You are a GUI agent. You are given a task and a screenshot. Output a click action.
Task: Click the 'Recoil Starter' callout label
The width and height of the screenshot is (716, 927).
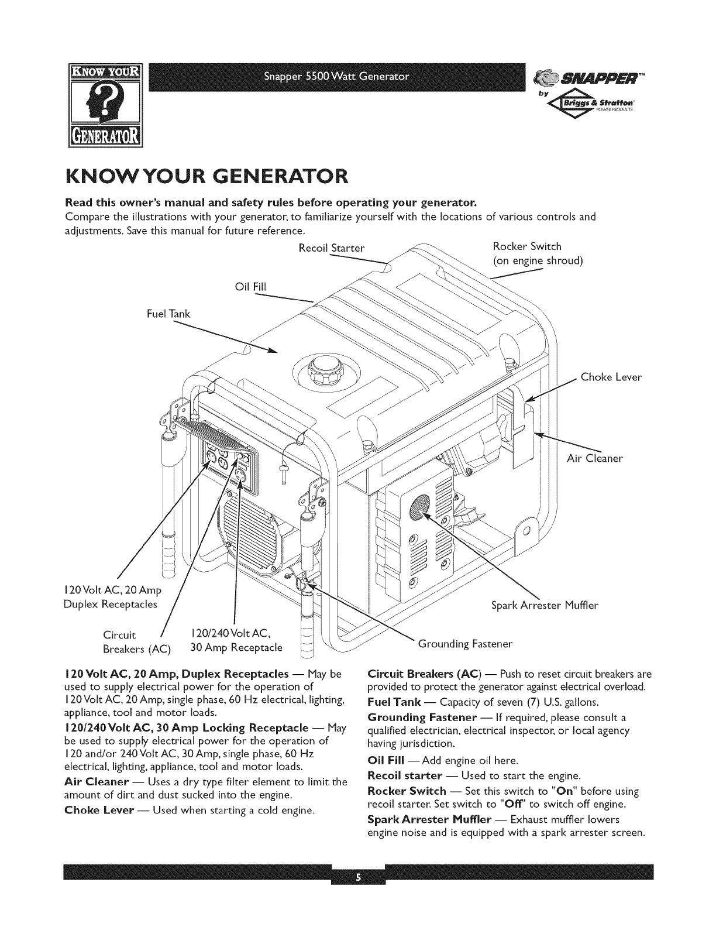coord(331,248)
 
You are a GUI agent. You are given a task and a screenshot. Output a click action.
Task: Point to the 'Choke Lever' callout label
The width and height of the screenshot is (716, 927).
coord(611,377)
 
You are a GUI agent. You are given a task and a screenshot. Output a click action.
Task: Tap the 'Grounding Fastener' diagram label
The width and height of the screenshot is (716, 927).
coord(465,644)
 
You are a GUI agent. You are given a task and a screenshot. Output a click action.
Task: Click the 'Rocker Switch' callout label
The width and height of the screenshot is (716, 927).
coord(527,246)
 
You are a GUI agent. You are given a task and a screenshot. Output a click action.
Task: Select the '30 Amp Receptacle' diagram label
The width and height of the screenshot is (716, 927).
coord(236,648)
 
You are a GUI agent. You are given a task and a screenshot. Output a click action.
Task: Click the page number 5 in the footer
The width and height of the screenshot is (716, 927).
coord(357,877)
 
